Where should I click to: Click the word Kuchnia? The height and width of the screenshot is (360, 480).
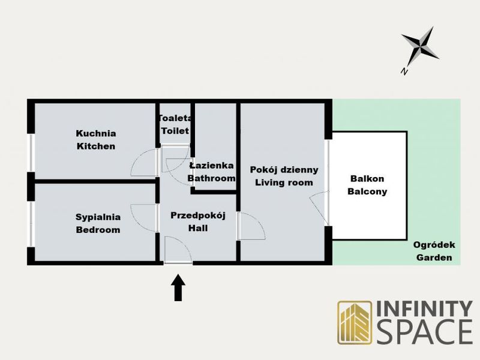[x=96, y=133]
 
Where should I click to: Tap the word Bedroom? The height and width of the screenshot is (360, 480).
[x=98, y=230]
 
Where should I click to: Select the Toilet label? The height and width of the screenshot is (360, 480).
[x=175, y=131]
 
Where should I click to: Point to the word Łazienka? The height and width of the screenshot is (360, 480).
[x=212, y=166]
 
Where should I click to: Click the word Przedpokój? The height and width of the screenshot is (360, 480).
[x=198, y=216]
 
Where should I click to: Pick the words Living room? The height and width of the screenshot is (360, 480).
[x=284, y=183]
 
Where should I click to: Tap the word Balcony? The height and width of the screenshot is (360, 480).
[x=367, y=192]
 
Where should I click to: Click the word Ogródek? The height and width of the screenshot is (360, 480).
[x=434, y=245]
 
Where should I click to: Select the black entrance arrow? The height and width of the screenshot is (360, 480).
[x=178, y=288]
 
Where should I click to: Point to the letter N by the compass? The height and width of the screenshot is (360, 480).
[x=404, y=71]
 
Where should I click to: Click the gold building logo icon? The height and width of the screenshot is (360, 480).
[x=355, y=322]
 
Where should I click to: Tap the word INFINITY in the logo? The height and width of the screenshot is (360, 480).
[x=424, y=308]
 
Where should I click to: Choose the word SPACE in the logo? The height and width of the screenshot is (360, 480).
[x=425, y=332]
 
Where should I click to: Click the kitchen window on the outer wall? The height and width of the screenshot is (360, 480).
[x=31, y=153]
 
